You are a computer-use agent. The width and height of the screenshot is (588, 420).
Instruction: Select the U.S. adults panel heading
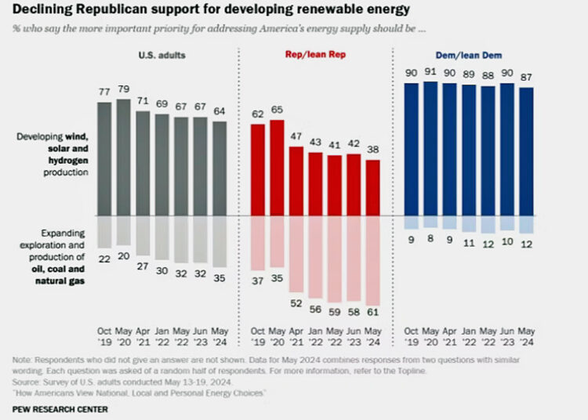point(162,56)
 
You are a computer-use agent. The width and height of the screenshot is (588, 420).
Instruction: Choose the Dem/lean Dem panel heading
point(469,56)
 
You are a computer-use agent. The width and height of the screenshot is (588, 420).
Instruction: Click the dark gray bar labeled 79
point(123,157)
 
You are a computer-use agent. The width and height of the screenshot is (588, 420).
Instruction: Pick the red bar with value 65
point(277,167)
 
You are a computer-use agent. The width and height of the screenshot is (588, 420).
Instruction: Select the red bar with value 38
point(374,188)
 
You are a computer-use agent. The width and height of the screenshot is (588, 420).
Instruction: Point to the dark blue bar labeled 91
point(431,148)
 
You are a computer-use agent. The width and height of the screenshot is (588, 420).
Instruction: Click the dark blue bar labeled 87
point(526,151)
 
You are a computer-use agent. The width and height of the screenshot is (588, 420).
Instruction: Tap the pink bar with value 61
point(374,259)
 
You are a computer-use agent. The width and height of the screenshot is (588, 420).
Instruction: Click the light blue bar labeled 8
point(431,221)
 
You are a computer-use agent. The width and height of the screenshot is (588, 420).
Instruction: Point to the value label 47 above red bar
point(296,136)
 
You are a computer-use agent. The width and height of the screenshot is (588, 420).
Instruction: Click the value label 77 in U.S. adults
point(104,92)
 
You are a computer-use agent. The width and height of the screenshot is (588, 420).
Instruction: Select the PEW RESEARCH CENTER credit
point(60,409)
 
